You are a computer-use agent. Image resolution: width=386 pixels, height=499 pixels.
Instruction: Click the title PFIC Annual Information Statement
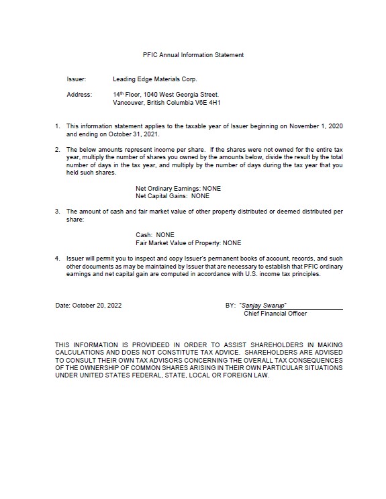193,54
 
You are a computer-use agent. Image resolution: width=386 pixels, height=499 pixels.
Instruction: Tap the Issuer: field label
77,79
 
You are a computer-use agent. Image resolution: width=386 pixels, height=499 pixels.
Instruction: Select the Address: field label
79,95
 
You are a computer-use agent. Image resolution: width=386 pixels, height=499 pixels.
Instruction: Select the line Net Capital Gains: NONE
172,196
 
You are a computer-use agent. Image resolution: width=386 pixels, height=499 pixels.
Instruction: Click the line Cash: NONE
155,234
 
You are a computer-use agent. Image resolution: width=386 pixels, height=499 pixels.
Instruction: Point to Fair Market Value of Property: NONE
188,242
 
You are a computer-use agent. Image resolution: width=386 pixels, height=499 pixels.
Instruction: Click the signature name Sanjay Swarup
268,305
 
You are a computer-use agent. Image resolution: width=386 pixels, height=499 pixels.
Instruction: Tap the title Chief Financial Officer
275,313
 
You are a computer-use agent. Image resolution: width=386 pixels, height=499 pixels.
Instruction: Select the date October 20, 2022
88,305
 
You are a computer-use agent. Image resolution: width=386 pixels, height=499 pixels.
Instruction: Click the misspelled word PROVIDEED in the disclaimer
142,345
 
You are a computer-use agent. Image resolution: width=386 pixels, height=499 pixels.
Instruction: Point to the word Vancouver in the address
128,103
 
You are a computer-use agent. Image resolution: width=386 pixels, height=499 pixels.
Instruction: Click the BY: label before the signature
230,305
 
